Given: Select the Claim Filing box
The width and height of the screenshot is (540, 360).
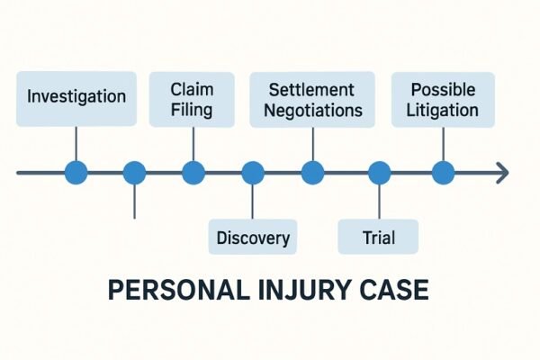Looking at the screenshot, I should pos(191,99).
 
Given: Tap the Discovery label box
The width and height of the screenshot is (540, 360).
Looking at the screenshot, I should pos(253,238).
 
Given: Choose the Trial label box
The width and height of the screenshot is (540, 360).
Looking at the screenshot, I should pos(378,238).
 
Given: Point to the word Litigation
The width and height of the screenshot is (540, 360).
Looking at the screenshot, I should pos(442,111).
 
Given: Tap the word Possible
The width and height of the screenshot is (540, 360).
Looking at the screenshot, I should pos(442,90).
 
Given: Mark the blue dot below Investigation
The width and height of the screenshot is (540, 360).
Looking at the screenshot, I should pos(76,172).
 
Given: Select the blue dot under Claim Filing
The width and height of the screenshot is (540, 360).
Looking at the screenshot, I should pos(193,172).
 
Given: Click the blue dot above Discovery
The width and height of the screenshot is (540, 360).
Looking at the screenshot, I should pos(253,172).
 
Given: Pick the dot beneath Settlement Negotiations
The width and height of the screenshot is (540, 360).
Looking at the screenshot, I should pos(312,172).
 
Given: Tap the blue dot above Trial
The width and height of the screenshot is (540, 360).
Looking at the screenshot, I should pos(379,172).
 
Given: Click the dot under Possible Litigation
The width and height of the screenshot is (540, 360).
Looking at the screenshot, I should pos(442,172).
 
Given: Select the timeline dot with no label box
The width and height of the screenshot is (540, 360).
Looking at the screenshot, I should pos(134,172).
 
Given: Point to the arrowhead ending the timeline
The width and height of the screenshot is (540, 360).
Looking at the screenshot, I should pos(502,172).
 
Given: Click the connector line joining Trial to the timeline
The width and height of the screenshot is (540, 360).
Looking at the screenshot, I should pos(379,202).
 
